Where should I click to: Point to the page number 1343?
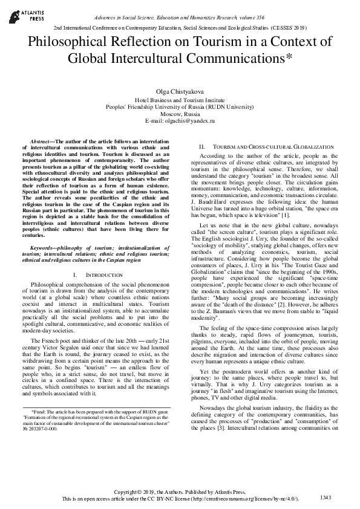[x=325, y=497]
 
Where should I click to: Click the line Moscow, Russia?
[x=180, y=114]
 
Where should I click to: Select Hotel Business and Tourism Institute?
[x=180, y=99]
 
